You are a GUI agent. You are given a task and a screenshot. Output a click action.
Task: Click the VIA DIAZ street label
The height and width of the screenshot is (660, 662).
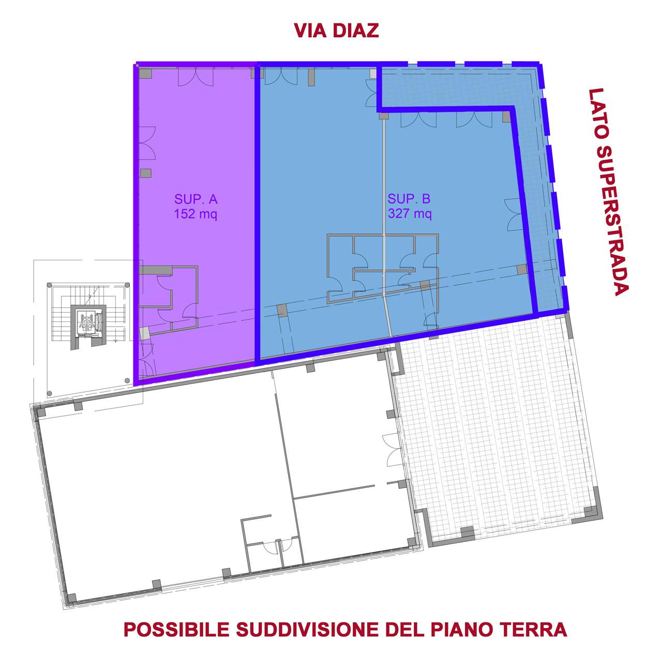(x=336, y=31)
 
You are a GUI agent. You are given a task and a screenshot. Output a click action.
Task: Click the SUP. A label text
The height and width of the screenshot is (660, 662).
(x=196, y=199)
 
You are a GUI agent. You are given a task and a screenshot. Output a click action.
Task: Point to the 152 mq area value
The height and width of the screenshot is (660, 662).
(x=195, y=214)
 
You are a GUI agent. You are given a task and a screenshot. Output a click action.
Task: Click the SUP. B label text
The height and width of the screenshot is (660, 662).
(x=409, y=199)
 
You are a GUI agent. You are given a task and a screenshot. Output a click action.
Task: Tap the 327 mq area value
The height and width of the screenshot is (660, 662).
(x=410, y=214)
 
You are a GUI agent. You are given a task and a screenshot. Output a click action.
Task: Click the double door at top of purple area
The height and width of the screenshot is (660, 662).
(x=196, y=76)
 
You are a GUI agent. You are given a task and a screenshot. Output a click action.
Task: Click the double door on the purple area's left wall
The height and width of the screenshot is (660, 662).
(x=147, y=143)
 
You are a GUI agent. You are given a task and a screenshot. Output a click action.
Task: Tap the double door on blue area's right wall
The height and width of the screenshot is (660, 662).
(x=513, y=215)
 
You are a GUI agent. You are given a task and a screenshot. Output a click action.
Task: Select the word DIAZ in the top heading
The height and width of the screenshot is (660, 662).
(x=355, y=31)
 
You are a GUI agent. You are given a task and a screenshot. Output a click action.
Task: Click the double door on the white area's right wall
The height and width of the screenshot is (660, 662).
(x=392, y=450)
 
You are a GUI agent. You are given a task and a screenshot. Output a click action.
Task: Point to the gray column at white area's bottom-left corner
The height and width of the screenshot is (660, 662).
(x=72, y=598)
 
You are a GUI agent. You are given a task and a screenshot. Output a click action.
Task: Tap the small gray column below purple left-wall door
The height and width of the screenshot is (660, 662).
(x=146, y=173)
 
